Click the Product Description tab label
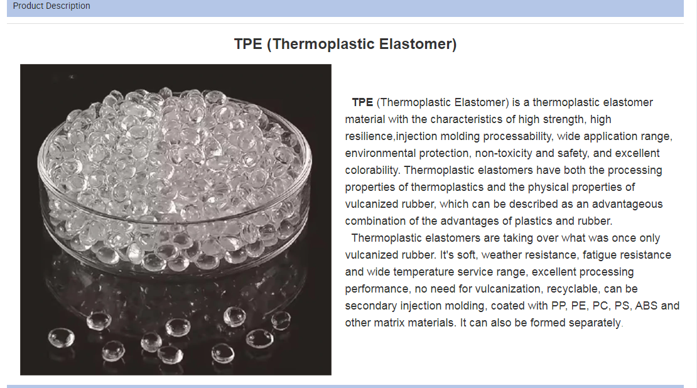[51, 6]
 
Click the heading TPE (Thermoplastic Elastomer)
[345, 44]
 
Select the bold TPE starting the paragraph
[362, 102]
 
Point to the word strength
[566, 119]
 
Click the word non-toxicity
[502, 153]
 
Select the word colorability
[372, 170]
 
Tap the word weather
[502, 255]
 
